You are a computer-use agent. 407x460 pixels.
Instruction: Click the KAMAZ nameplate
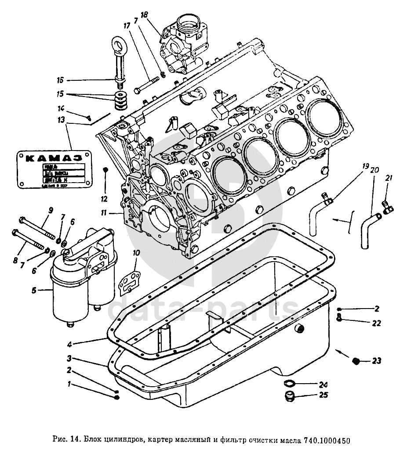[53, 169]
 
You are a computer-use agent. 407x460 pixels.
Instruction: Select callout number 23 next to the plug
[376, 361]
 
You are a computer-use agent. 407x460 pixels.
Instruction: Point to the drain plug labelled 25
[289, 397]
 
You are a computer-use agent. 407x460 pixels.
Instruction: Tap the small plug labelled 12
[105, 169]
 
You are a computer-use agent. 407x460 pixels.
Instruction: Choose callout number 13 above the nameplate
[61, 119]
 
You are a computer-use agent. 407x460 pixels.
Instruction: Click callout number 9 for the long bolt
[50, 210]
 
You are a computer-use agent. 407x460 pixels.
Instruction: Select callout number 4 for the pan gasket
[70, 344]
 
